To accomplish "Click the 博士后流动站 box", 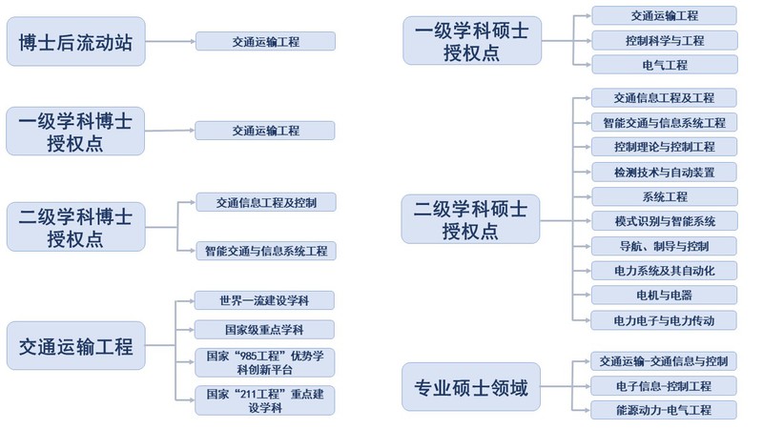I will point(75,41).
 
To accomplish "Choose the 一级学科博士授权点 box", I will point(75,131).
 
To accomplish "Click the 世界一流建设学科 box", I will point(265,300).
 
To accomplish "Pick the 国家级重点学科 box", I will point(265,330).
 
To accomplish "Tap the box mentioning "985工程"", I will point(265,363).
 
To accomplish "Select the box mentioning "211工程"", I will point(265,400).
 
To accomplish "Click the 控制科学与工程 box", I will point(665,41).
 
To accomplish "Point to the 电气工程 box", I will point(665,65).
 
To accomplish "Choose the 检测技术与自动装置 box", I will point(665,173).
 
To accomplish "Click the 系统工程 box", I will point(665,196).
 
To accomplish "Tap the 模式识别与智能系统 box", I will point(665,221).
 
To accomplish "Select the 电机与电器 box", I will point(665,296).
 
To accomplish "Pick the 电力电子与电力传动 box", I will point(665,320).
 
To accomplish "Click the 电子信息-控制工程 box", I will point(665,386).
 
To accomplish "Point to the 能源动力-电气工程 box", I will point(665,410).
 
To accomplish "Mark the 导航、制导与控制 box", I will point(665,246).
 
